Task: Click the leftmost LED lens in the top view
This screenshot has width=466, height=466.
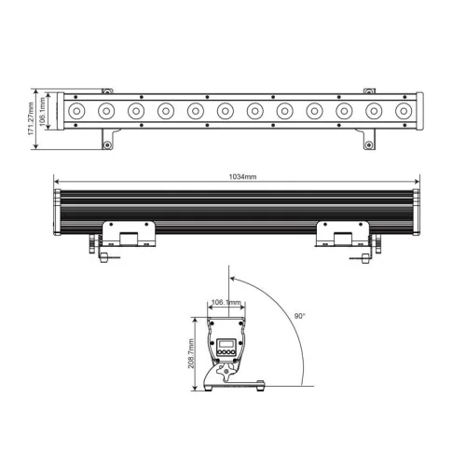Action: coord(76,112)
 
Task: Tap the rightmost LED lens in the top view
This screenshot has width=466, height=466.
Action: coord(404,112)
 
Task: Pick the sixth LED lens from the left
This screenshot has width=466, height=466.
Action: coord(226,112)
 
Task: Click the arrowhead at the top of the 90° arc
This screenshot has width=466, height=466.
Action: coord(232,278)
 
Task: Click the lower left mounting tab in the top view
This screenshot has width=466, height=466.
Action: coord(108,141)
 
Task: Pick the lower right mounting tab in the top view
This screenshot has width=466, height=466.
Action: coord(370,141)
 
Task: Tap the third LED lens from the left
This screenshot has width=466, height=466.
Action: coord(136,112)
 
